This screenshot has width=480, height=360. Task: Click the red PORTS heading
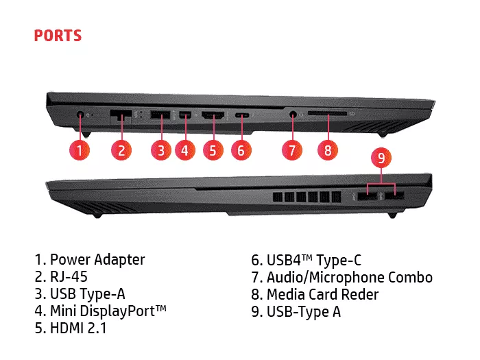(x=58, y=35)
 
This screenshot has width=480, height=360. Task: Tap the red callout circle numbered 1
(x=80, y=150)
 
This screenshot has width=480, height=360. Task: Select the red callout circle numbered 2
(x=121, y=150)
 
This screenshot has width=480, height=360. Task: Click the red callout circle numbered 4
(x=184, y=150)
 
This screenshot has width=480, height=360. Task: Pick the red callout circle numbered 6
(x=240, y=150)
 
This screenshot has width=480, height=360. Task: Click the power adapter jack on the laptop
(x=81, y=116)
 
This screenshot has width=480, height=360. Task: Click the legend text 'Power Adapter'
(x=97, y=260)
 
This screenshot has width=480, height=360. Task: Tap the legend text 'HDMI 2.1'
(x=78, y=328)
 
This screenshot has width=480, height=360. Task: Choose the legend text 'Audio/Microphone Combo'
(x=350, y=277)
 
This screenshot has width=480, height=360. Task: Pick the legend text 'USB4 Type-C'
(x=314, y=260)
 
